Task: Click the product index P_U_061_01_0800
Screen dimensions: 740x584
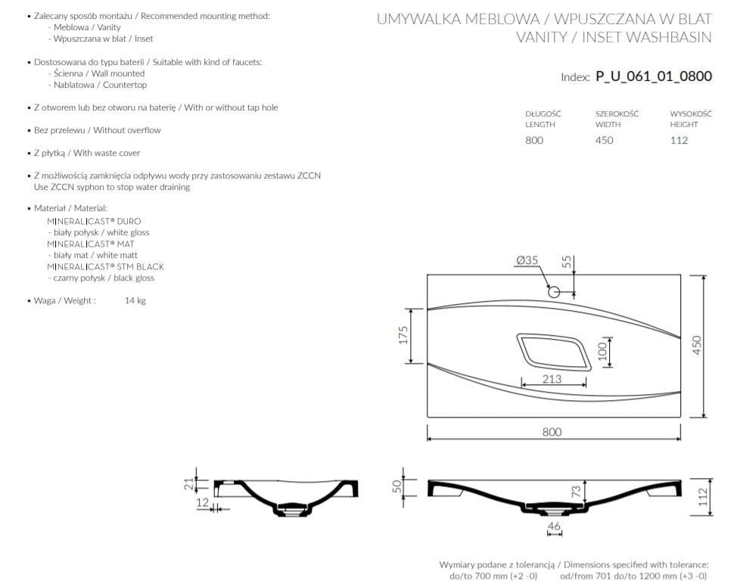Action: point(654,76)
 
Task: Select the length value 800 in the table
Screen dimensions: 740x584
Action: point(534,140)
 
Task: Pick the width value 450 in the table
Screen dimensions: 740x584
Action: point(604,140)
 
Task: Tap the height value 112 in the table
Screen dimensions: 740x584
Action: point(679,140)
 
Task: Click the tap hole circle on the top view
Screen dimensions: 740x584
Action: point(554,291)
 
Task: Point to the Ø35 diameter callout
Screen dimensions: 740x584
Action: point(527,260)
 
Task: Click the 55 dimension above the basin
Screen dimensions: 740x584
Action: point(566,262)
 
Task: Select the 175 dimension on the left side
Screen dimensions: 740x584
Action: point(403,335)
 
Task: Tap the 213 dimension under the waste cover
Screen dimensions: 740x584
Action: point(552,379)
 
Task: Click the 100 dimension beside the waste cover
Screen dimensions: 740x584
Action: point(602,352)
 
